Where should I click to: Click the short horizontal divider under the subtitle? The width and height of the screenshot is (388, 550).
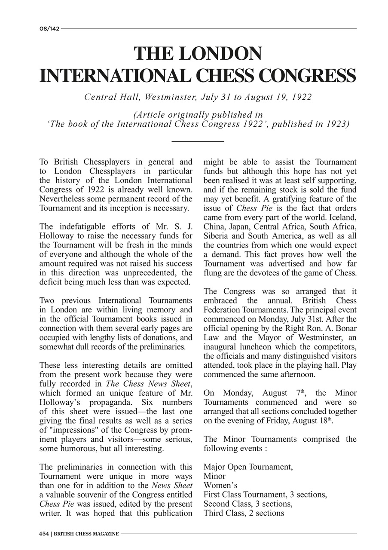198,141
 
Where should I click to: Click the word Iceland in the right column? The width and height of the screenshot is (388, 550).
341,217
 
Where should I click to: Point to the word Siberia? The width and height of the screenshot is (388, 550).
218,236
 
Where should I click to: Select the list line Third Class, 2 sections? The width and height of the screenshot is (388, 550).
244,513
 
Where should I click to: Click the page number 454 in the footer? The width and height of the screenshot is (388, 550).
43,534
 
